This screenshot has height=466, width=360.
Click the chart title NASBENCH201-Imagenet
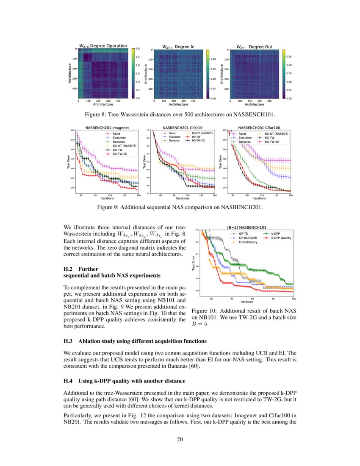point(107,127)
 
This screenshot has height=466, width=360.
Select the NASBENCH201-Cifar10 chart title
point(183,127)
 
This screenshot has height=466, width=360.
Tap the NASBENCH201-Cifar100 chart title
point(259,127)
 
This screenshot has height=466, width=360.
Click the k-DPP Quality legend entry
point(281,238)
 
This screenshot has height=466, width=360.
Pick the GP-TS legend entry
point(244,233)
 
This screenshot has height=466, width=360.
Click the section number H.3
point(68,341)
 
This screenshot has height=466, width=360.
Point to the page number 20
point(180,439)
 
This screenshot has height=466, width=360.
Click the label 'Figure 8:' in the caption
point(97,114)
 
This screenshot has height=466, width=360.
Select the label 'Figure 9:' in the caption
point(109,208)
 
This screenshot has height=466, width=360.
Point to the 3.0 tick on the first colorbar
point(138,49)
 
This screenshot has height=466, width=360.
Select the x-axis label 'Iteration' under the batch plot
point(246,302)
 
